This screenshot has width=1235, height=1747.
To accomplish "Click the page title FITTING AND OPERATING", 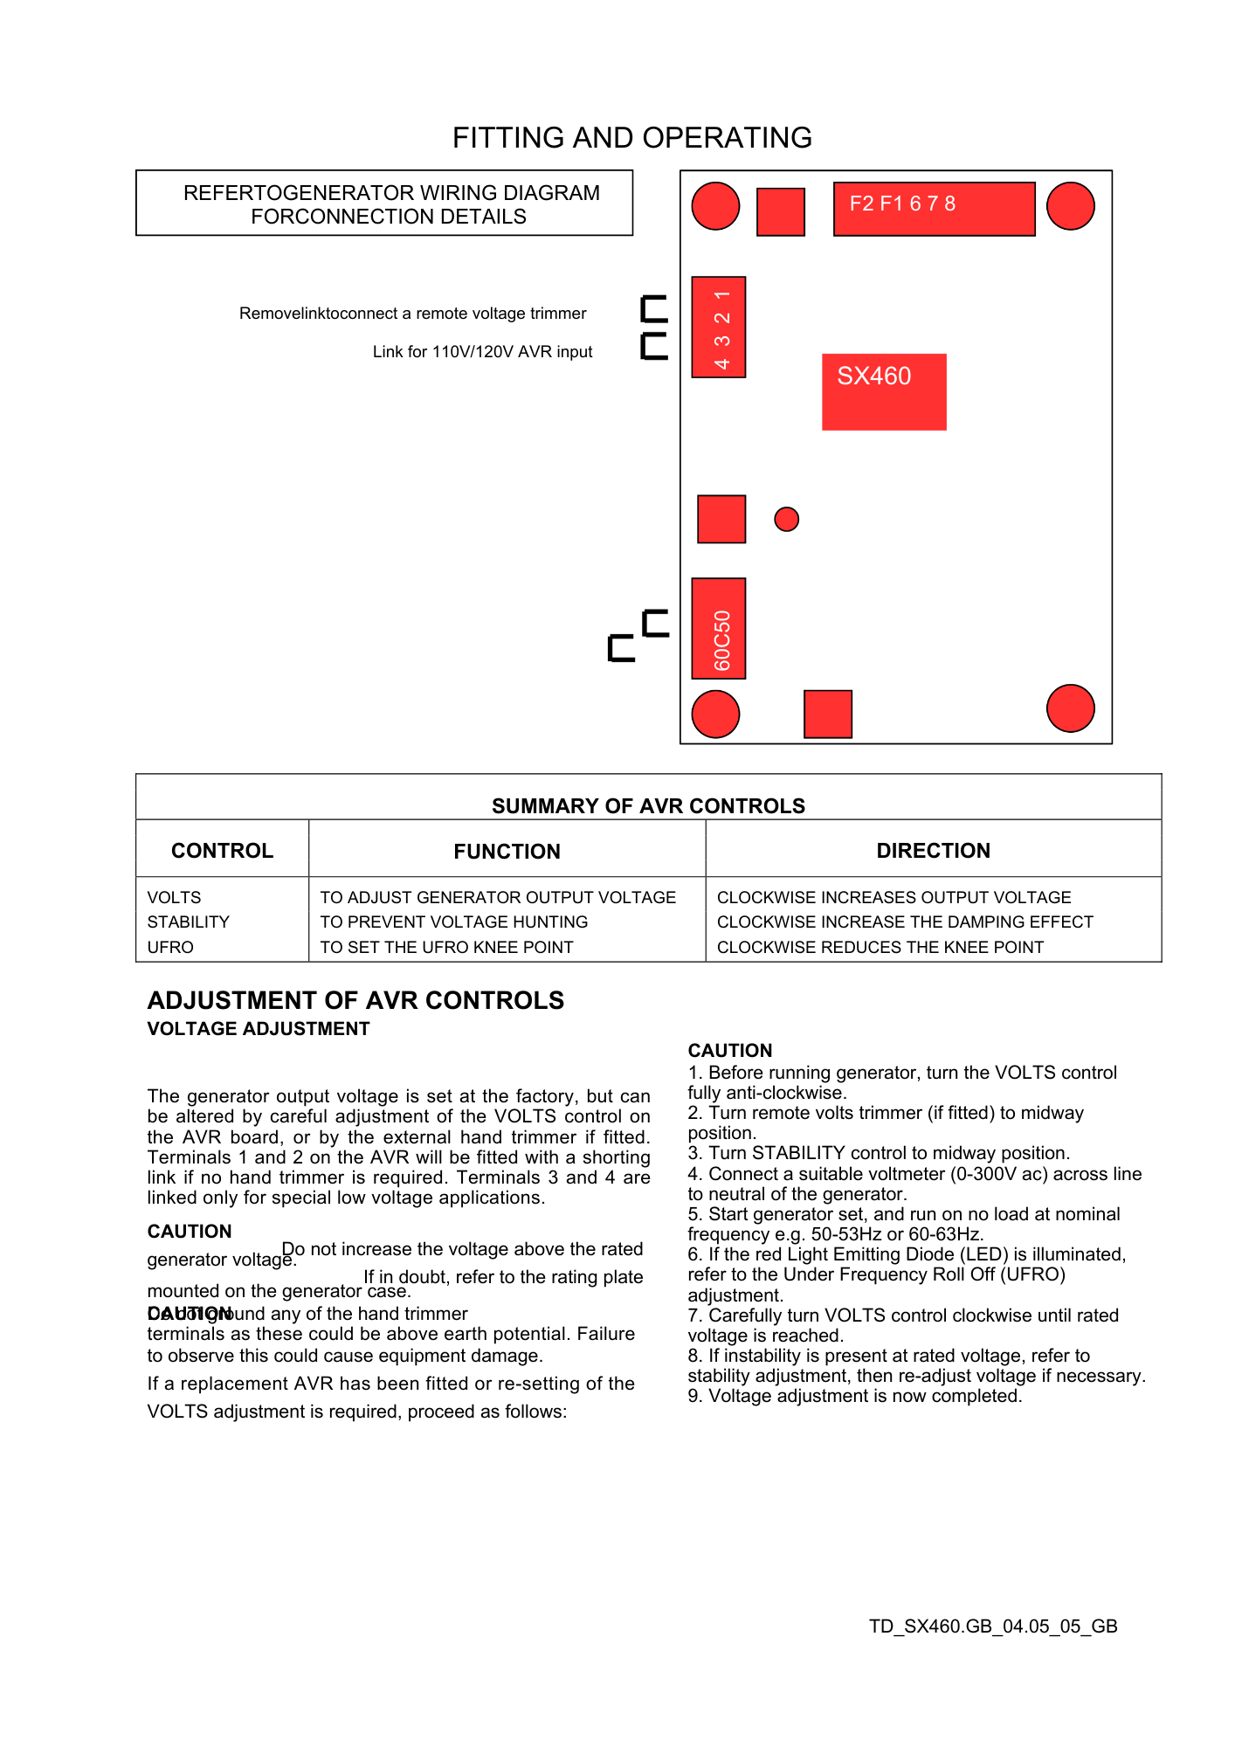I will [631, 138].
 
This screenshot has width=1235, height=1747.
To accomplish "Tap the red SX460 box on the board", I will [884, 391].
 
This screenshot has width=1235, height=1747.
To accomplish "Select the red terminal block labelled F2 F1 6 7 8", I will [934, 209].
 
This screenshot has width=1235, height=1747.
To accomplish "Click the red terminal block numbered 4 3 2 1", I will [718, 328].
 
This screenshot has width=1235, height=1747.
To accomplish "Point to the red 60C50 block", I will [718, 628].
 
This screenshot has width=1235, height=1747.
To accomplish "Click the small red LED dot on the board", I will [786, 519].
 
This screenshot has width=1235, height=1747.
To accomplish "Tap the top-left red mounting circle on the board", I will [715, 206].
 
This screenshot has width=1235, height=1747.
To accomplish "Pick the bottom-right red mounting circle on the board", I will [1070, 708].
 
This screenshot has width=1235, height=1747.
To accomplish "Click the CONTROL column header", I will [222, 851].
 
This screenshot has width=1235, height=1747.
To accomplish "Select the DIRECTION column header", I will [933, 851].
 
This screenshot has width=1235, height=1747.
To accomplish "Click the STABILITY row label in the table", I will [189, 922].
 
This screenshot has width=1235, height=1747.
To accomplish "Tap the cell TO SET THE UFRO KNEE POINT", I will [446, 948].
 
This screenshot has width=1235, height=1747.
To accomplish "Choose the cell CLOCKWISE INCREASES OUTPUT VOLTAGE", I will [893, 898].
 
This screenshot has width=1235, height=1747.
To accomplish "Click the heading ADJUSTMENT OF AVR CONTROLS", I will [355, 1001].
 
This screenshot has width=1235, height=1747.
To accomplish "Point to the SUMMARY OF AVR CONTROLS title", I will [648, 806].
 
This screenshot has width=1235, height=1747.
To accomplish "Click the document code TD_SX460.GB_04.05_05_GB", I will [993, 1626].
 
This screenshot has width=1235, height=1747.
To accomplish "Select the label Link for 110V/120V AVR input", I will [482, 352].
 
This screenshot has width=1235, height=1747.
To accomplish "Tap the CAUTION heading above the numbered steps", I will [730, 1051].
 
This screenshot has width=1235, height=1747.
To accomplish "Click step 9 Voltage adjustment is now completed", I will [855, 1396].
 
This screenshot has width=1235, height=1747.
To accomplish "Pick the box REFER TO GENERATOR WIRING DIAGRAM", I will [384, 204].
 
